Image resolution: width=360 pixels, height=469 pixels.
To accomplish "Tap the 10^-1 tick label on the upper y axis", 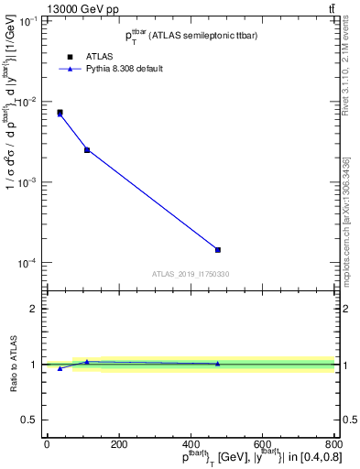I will click(27, 20).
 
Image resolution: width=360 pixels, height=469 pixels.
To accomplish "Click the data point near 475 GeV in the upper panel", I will click(218, 250).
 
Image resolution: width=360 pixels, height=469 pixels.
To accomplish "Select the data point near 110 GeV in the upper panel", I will click(87, 149).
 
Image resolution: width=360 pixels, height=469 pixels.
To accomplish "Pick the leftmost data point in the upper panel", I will click(60, 113).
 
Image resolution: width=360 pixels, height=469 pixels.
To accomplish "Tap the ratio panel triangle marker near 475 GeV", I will click(218, 364).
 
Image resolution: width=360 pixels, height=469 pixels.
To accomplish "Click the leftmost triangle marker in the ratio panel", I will click(60, 368).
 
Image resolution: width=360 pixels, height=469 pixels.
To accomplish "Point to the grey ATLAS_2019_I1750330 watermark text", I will click(191, 274).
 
